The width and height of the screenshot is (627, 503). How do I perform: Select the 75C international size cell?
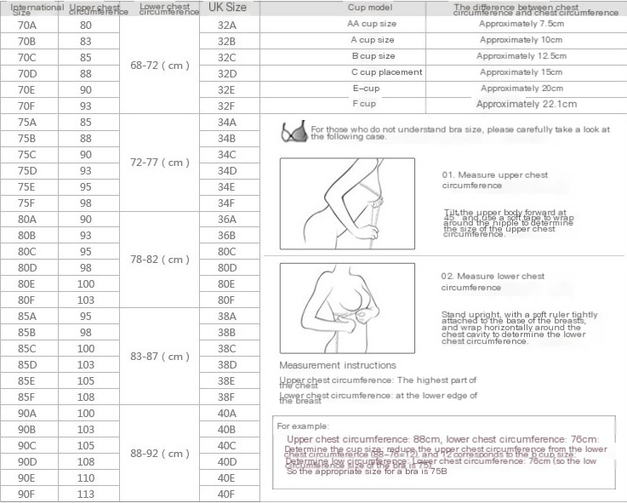26,154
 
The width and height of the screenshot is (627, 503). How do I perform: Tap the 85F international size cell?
26,397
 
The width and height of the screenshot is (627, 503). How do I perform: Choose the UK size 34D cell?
226,170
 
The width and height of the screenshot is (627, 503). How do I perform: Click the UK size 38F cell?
226,397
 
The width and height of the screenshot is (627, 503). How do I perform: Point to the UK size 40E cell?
226,477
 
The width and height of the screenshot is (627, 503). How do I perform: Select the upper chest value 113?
86,494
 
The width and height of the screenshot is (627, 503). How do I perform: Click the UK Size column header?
227,8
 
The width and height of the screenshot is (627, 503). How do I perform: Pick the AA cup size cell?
371,24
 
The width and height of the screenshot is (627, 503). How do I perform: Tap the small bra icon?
295,132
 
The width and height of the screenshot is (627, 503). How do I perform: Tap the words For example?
303,426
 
